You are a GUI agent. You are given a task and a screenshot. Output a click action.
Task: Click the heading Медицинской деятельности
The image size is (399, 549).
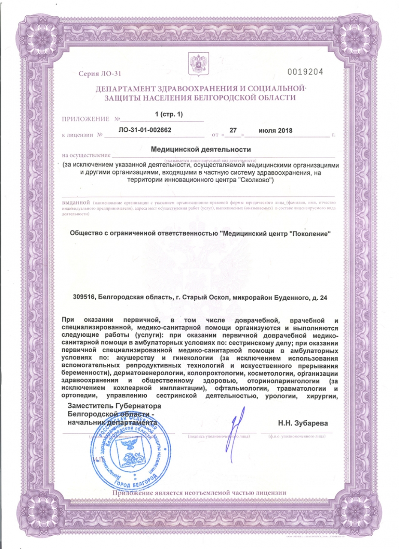click(x=200, y=150)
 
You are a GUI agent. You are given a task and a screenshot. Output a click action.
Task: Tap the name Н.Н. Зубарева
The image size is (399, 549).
click(x=304, y=423)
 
